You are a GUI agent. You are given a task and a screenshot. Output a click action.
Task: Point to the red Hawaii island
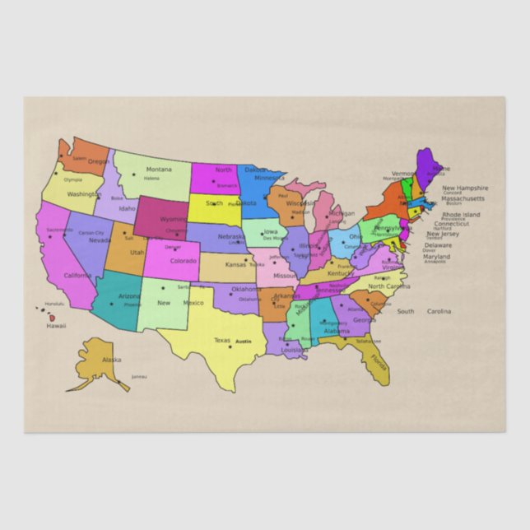point(51,317)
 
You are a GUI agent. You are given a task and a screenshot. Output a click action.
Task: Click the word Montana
point(159,170)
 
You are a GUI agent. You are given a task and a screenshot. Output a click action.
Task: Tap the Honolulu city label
point(54,304)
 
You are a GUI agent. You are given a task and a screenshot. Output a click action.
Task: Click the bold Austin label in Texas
point(243,341)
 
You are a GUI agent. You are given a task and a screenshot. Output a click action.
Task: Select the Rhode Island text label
point(461,214)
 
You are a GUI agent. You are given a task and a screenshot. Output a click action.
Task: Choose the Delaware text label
point(438,244)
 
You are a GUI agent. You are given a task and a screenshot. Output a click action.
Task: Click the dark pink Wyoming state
point(161,216)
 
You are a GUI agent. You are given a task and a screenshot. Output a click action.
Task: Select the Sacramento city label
point(59,230)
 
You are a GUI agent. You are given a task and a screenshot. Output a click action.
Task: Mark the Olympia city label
point(72,179)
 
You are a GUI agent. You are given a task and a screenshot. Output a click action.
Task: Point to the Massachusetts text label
point(463,198)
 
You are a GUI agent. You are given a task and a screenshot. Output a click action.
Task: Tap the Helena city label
point(151,178)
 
